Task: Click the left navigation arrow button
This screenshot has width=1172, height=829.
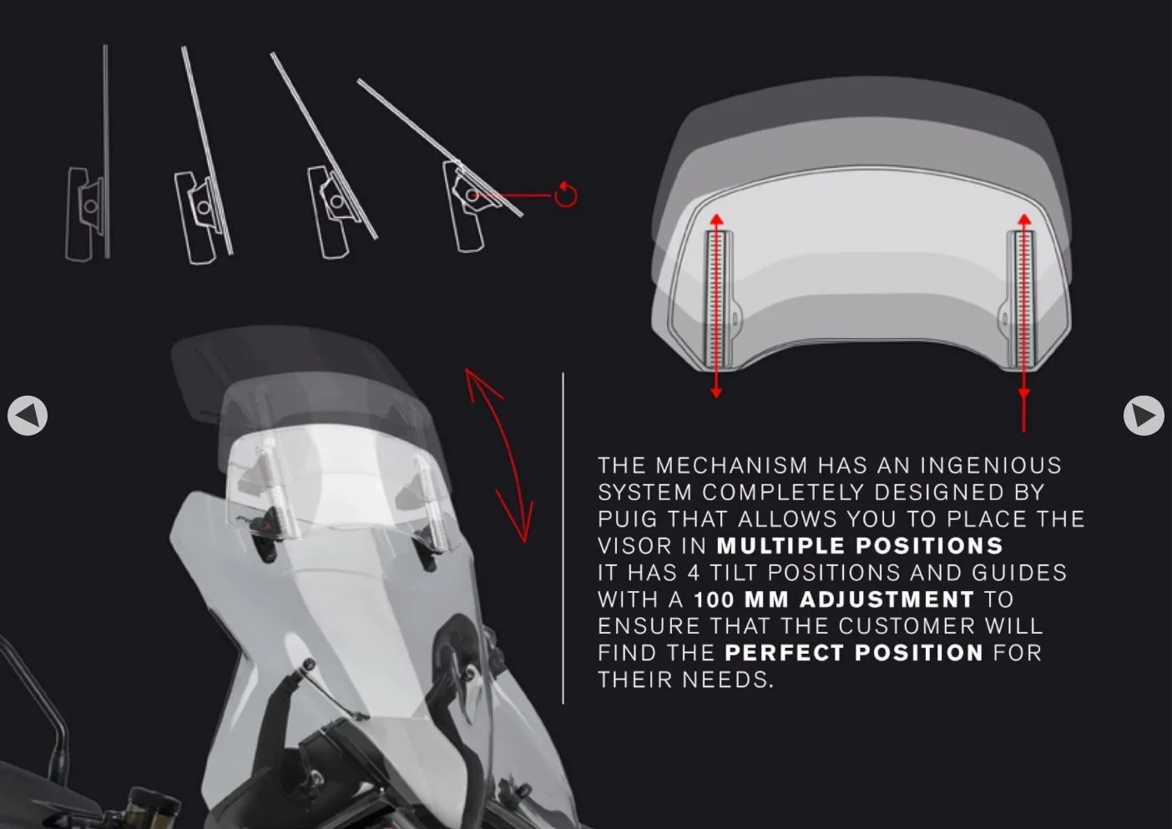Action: point(28,416)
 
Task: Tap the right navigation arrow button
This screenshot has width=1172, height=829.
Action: point(1144,416)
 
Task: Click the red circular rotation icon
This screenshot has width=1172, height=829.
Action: point(566,195)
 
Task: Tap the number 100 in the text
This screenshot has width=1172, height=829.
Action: point(715,599)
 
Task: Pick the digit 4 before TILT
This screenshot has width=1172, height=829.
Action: point(693,573)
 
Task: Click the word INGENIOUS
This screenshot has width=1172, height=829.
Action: point(991,466)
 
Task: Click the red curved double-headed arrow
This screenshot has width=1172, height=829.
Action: point(507,454)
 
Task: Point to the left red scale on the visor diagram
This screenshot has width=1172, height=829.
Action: point(715,305)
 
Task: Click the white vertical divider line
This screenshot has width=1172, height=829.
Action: point(563,538)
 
